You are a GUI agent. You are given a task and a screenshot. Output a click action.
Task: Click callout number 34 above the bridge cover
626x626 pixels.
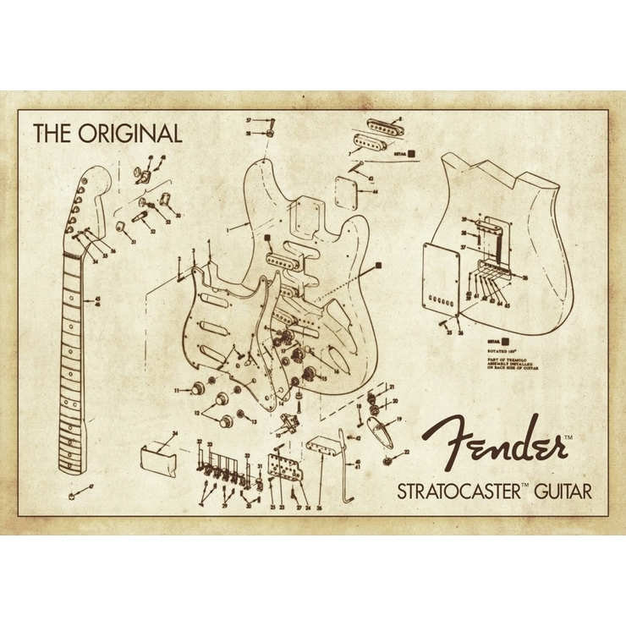tap(174, 433)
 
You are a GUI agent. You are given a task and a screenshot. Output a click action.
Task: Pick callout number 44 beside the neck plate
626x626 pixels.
tap(375, 191)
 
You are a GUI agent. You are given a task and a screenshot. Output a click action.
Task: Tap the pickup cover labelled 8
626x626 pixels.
tap(381, 135)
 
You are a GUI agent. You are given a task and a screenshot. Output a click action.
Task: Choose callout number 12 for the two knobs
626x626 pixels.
tap(196, 413)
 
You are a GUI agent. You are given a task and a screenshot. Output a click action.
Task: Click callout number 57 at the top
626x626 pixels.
tap(250, 121)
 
